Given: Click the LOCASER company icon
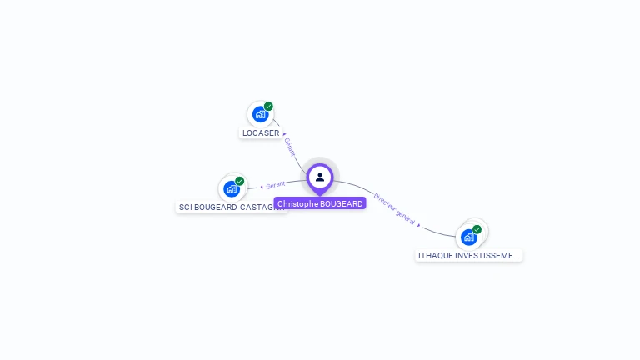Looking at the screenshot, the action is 260,114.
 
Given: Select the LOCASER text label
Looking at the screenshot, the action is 261,133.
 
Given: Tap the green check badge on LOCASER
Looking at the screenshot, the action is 268,107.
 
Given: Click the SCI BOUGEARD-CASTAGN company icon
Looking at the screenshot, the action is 231,188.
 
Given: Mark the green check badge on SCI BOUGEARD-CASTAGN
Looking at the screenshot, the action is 239,181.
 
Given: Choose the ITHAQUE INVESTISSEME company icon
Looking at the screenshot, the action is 468,237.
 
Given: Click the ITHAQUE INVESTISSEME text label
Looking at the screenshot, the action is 468,256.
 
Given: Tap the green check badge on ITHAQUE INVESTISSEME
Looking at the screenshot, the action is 477,229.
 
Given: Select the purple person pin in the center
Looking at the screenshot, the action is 320,177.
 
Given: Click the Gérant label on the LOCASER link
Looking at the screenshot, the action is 290,147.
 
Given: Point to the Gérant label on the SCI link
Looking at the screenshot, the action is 276,184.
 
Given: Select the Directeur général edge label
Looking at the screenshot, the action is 394,208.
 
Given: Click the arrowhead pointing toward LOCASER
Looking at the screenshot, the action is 284,133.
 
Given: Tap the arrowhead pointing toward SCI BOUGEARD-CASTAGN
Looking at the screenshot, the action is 262,187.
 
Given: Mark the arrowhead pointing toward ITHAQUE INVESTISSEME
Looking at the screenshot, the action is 419,225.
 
